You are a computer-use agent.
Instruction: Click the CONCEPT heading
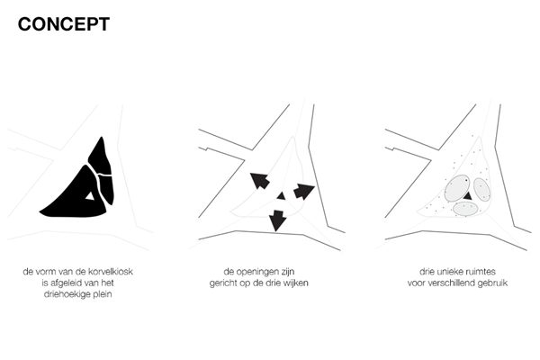pos(64,24)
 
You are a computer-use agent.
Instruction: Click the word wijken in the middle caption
pos(296,283)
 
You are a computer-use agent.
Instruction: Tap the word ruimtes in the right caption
pos(481,272)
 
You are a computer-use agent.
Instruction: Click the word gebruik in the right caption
pos(493,283)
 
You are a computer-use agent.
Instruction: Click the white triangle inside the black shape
pos(90,196)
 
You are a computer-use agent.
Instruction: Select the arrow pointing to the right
pos(304,191)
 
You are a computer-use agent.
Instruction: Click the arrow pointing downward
pos(277,220)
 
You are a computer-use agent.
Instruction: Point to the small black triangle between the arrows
pos(282,196)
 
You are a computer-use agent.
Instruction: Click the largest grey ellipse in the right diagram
pos(457,188)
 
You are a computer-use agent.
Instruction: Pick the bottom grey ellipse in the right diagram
pos(465,209)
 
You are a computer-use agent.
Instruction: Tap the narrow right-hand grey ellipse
pos(482,189)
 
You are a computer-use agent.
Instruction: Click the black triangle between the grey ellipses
pos(468,196)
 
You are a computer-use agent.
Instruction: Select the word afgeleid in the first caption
pos(66,283)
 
